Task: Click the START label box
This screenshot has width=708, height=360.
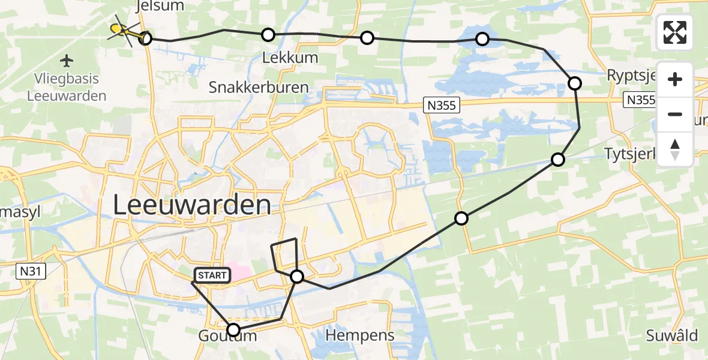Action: click(212, 275)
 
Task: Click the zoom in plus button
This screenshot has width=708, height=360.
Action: click(675, 80)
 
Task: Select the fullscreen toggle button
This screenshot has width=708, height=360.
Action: click(675, 32)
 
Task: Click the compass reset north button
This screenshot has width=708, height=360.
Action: click(675, 149)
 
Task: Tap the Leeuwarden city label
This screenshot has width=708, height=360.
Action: click(191, 206)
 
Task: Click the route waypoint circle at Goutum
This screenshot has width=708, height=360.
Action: click(233, 329)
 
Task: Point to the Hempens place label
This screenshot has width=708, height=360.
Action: click(360, 335)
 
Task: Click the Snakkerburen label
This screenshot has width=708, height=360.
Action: click(259, 88)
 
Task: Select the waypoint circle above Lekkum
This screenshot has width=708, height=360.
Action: click(268, 35)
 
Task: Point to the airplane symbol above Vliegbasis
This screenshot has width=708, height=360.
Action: click(67, 61)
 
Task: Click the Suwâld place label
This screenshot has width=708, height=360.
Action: click(672, 335)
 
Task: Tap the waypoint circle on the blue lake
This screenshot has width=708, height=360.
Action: click(482, 40)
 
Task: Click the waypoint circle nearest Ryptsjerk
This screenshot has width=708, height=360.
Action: click(575, 83)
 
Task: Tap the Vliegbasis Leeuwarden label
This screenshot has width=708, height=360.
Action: click(67, 88)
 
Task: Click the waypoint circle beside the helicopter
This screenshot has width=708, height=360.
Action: click(145, 39)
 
